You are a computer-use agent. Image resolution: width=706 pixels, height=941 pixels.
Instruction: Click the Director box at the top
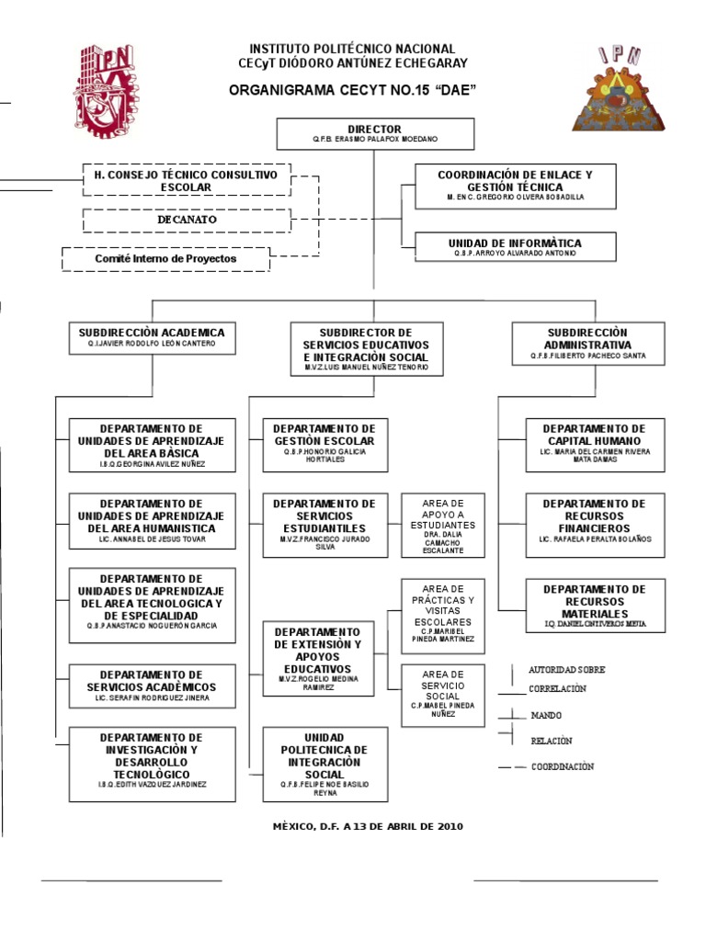374,133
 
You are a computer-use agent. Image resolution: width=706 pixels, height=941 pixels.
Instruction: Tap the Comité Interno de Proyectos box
165,259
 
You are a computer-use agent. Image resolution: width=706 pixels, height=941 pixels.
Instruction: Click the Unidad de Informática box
515,246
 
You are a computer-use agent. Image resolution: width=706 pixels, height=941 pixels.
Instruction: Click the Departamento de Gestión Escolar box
325,445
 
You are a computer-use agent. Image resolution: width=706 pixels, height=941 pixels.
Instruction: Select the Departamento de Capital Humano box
594,445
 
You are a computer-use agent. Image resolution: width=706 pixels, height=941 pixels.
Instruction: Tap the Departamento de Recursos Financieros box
594,521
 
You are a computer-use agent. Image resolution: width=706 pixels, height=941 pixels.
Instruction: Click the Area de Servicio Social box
442,696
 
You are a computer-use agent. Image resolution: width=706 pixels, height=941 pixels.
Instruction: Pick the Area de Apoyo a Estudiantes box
442,526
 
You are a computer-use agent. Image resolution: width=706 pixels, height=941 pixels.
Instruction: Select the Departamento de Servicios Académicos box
152,686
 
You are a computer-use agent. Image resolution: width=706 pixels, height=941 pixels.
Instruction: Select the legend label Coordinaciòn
562,766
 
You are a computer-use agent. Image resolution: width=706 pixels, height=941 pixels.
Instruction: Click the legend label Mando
546,715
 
